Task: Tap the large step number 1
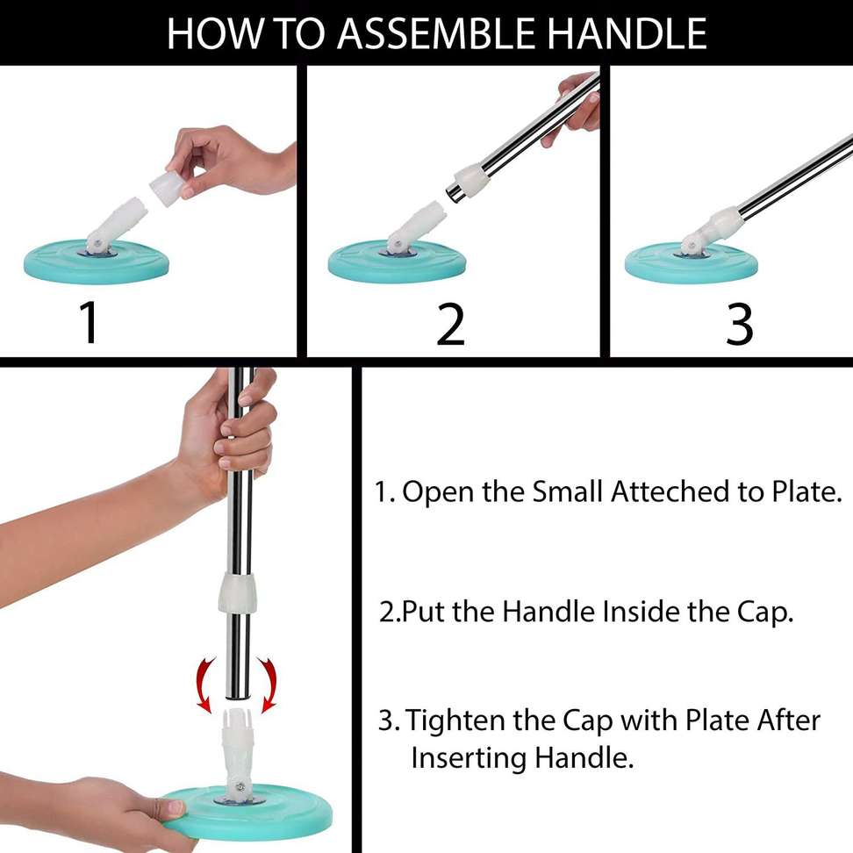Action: click(x=89, y=323)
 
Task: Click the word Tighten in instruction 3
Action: click(x=455, y=721)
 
